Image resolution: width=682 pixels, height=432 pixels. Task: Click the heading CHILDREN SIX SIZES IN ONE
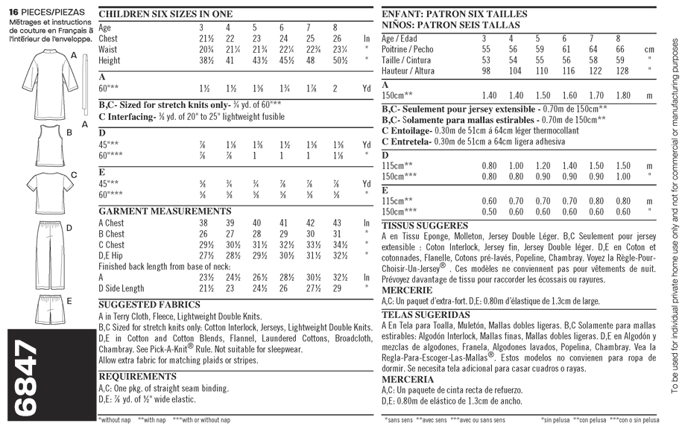165,14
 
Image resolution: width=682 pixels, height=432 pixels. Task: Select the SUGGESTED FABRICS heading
149,305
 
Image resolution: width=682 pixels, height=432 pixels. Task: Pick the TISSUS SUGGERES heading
424,225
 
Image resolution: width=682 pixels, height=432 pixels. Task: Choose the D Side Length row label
121,288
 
